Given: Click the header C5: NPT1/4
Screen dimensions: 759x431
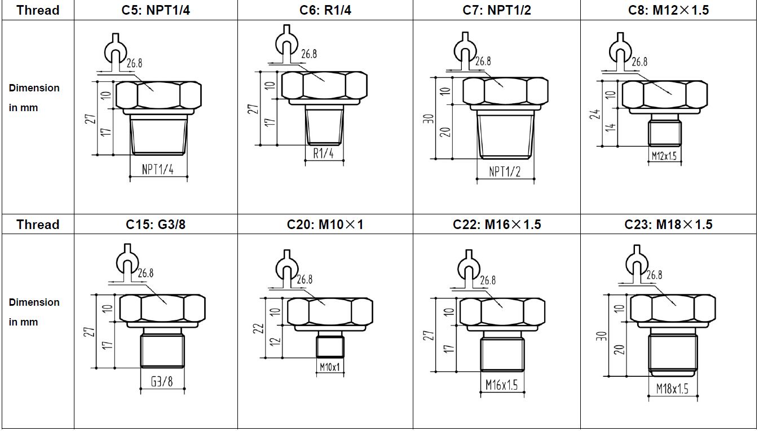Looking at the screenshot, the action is click(x=156, y=10).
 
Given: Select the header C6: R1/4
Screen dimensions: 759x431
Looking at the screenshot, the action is click(x=325, y=10).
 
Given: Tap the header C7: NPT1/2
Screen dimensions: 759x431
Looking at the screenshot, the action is click(x=496, y=10).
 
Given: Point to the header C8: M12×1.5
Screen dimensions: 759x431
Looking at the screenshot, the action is click(x=668, y=10).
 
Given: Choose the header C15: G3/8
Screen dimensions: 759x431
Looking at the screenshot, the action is click(x=156, y=225).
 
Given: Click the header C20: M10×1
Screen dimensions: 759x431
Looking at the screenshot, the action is click(x=325, y=225).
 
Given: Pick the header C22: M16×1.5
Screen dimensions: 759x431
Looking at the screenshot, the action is click(x=496, y=225).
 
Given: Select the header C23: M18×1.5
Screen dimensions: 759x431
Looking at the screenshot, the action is click(x=668, y=225).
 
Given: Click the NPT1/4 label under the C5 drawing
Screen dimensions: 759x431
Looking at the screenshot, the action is click(x=157, y=169).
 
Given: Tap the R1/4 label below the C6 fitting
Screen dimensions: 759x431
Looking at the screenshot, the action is click(x=323, y=153).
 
